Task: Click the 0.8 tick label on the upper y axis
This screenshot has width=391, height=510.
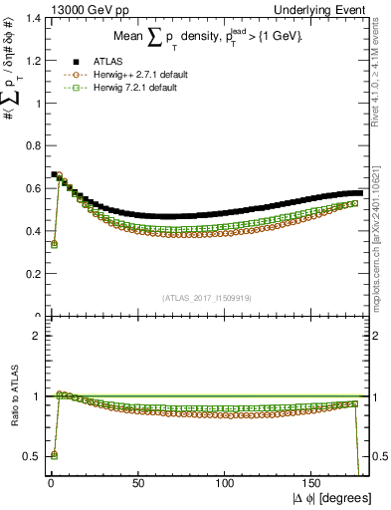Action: [28, 145]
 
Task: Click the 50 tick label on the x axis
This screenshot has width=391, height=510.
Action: [137, 483]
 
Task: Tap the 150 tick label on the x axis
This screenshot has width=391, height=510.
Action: [313, 483]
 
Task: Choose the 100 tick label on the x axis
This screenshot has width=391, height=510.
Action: [225, 483]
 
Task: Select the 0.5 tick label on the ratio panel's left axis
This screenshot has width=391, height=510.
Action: [28, 456]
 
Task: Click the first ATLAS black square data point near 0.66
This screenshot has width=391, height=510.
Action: [54, 174]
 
